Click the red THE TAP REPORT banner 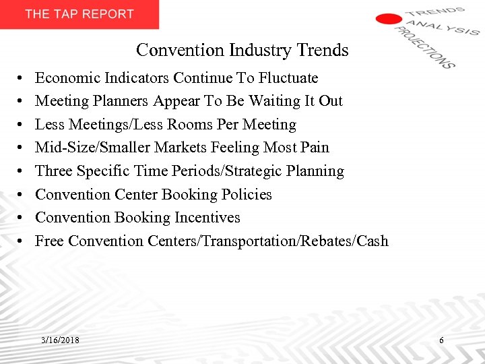coord(79,14)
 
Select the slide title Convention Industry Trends coord(243,50)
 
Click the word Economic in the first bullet coord(65,78)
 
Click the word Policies coord(245,195)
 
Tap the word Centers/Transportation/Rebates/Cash coord(266,241)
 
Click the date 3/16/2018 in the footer coord(59,340)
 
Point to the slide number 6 coord(441,340)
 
